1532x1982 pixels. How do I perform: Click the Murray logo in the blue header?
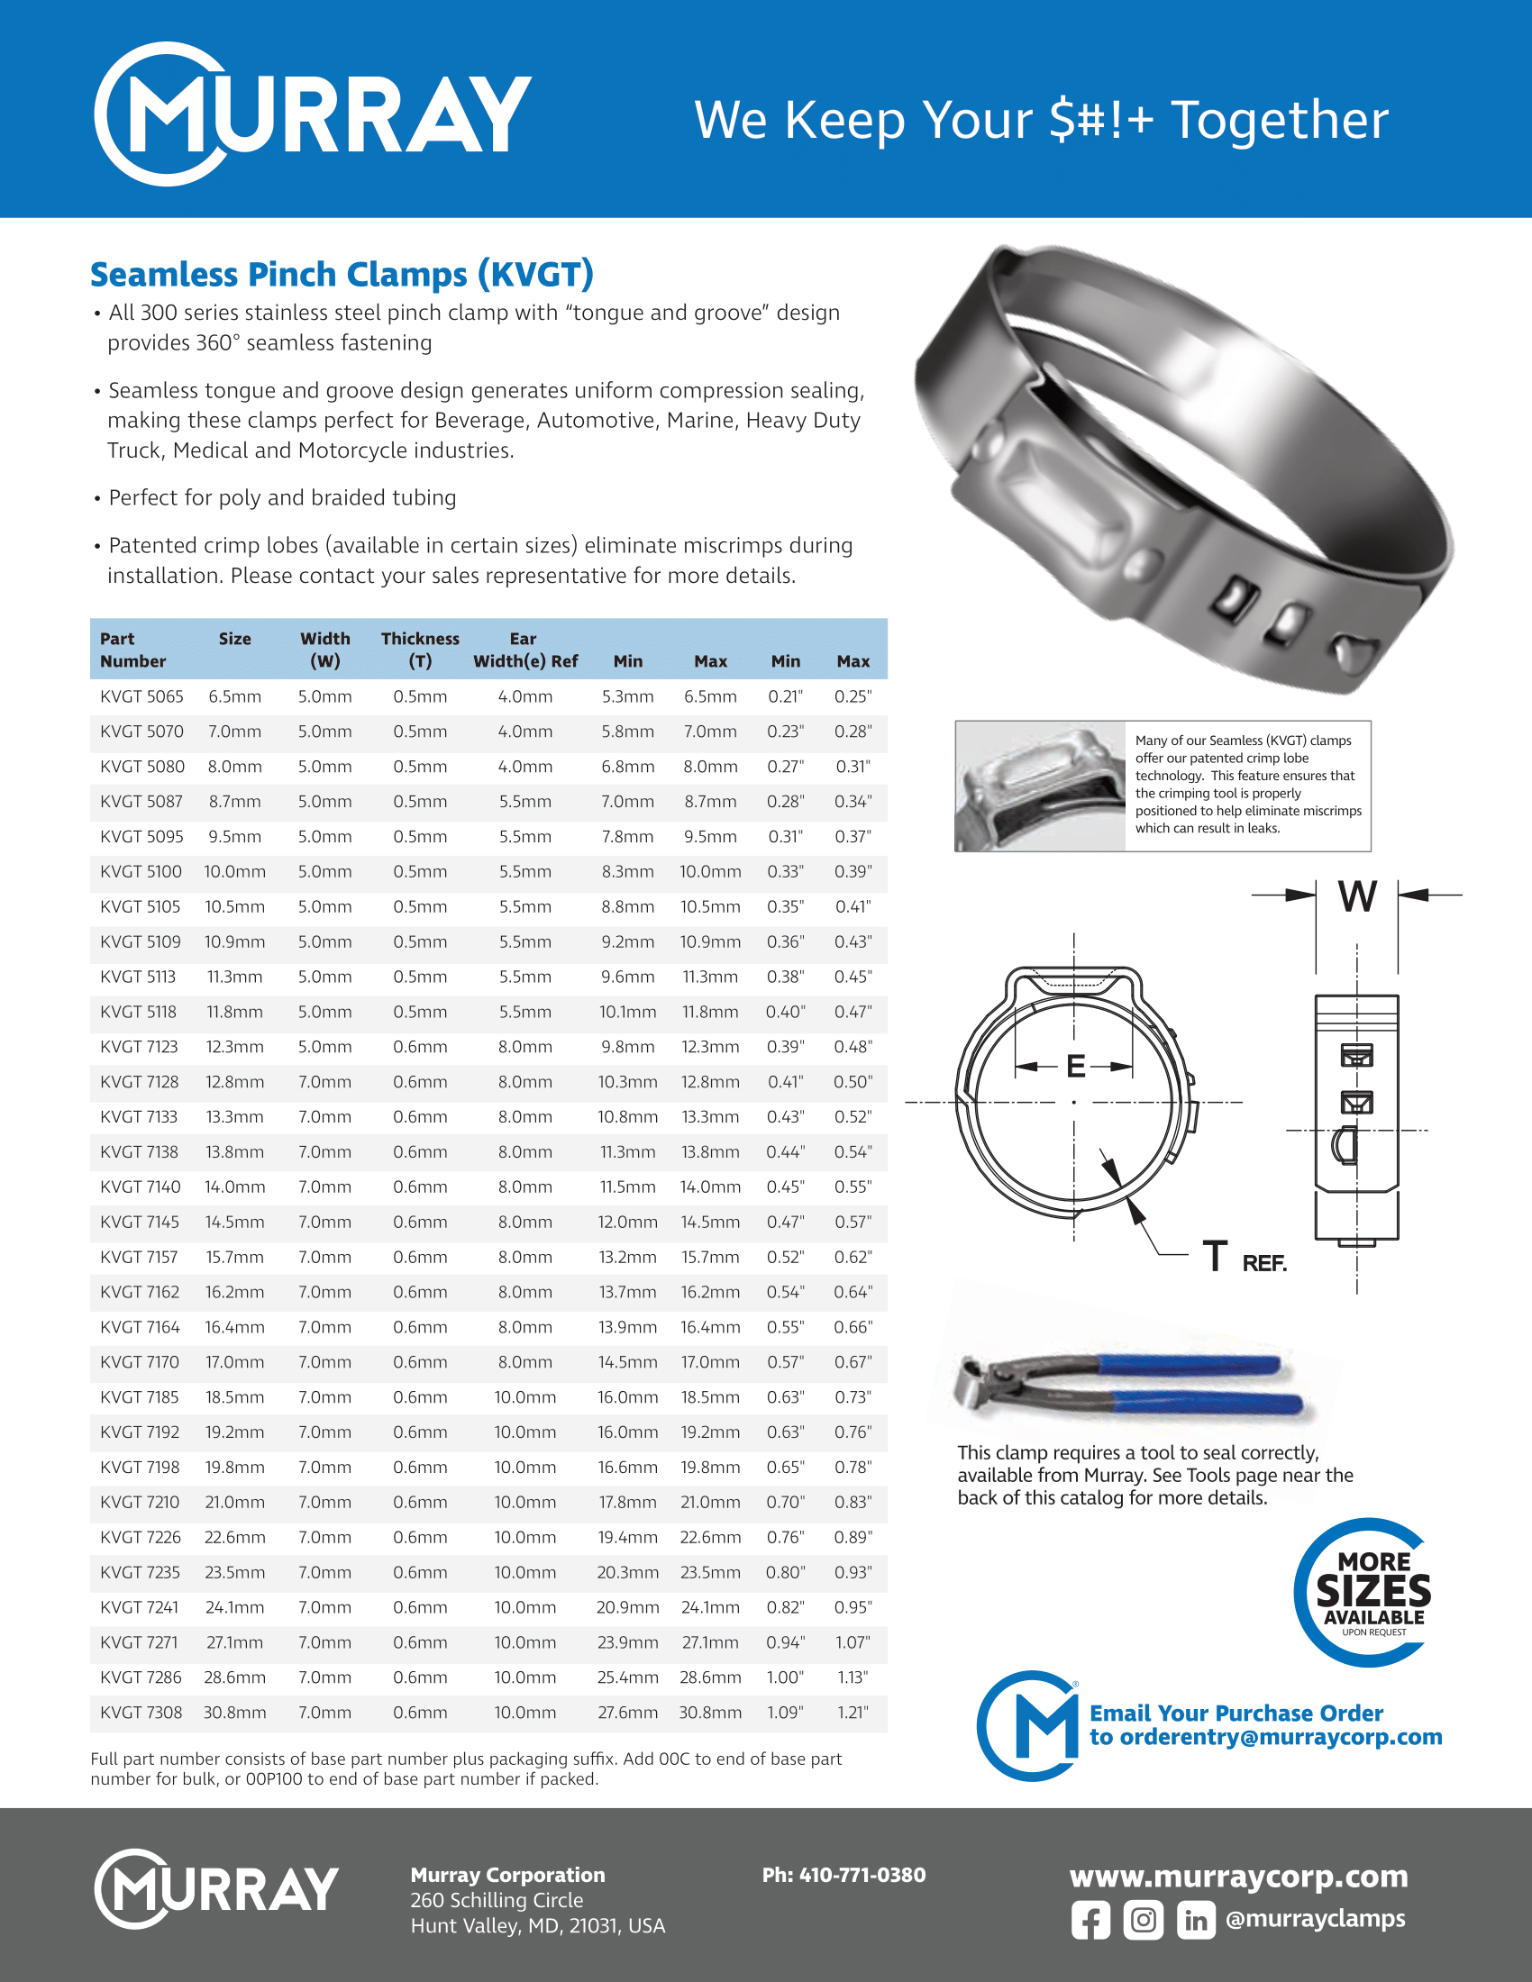coord(312,114)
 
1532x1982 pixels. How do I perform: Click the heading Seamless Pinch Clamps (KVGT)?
coord(342,274)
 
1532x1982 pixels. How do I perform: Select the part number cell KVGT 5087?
coord(141,801)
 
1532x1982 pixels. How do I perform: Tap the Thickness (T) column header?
coord(420,650)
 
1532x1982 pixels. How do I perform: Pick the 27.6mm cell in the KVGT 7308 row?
coord(627,1713)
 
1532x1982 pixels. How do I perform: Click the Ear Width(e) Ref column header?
coord(524,650)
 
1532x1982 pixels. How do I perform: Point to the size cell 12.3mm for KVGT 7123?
coord(234,1046)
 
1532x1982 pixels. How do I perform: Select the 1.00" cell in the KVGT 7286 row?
coord(785,1677)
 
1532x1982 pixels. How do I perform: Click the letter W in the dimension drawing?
coord(1357,896)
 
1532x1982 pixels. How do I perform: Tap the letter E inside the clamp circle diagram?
coord(1075,1067)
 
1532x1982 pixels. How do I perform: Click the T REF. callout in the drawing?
coord(1244,1258)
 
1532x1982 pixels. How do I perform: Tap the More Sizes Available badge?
coord(1372,1593)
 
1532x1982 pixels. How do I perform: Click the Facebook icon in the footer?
coord(1090,1921)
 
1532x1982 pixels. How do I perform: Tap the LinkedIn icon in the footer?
coord(1195,1921)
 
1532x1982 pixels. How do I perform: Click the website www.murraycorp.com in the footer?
coord(1238,1876)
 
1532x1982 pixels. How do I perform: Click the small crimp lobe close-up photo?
coord(1040,786)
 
